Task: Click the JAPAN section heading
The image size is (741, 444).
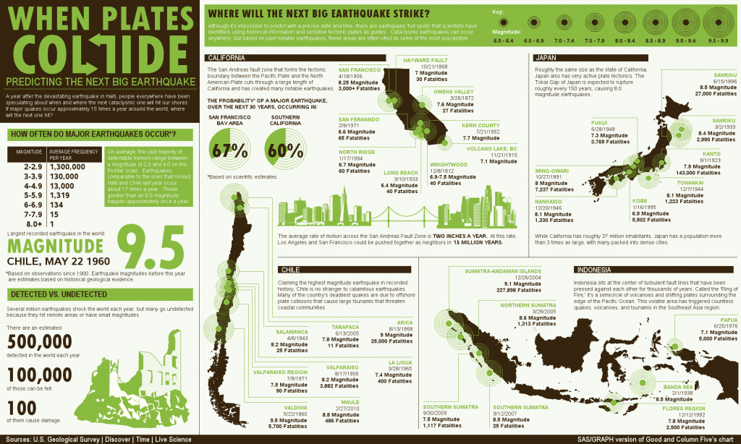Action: click(546, 58)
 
